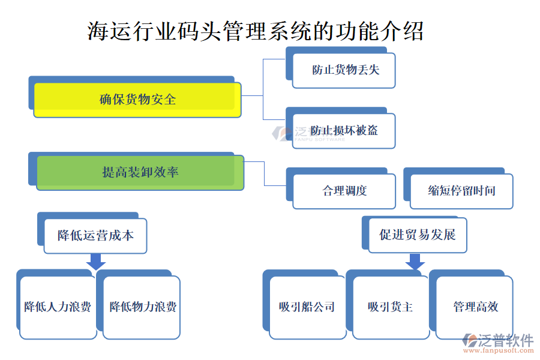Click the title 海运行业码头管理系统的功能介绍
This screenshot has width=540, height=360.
[256, 31]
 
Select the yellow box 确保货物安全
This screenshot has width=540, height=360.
[137, 100]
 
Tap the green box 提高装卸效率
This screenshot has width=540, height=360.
[140, 173]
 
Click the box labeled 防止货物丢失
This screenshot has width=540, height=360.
[344, 70]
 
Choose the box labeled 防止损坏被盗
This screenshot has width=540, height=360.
[344, 131]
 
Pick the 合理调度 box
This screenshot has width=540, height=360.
[344, 191]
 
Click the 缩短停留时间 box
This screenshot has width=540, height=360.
[461, 191]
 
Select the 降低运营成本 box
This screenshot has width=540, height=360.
[95, 235]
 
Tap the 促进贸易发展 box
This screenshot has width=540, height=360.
[418, 235]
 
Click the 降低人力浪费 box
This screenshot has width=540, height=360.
[58, 307]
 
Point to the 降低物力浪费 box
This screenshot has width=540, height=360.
[142, 307]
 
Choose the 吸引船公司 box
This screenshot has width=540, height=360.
[307, 307]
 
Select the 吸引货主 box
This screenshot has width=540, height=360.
[391, 307]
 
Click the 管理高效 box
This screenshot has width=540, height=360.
[475, 307]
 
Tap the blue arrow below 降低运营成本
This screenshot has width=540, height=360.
[96, 262]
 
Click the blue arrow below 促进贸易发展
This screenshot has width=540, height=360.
[415, 262]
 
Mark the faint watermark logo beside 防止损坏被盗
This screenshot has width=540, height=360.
[281, 133]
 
